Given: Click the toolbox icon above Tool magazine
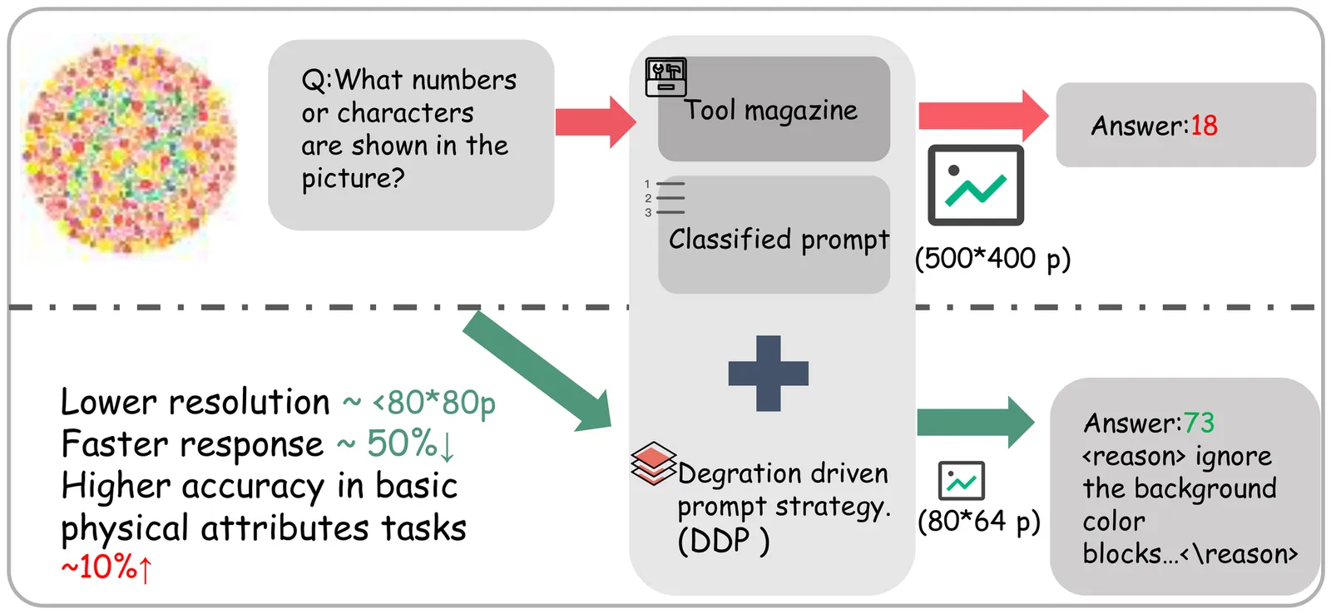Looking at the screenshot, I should point(666,77).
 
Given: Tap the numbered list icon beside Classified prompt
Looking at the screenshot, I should point(665,198).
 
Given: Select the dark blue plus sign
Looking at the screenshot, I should point(768,373).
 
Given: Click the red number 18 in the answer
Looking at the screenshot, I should point(1204,126).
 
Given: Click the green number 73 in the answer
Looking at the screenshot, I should point(1199,423).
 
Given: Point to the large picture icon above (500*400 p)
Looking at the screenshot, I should point(976,185).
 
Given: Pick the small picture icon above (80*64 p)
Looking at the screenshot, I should point(961,481).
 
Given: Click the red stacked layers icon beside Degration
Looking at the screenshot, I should point(654,463).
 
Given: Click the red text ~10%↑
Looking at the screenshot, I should point(107,567).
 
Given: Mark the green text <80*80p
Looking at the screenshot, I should point(433,403).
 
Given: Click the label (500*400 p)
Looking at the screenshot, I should point(992,259).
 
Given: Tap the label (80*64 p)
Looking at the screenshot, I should point(978,522).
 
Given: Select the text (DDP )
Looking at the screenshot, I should point(723,542).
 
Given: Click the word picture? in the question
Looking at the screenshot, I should point(353,179).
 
